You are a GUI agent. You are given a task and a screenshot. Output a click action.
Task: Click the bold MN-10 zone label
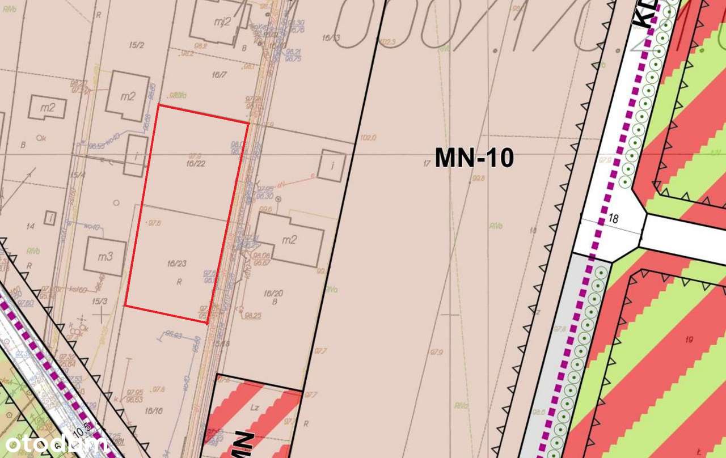coord(474,158)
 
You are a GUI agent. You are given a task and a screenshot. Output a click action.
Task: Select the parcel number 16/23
coord(177,264)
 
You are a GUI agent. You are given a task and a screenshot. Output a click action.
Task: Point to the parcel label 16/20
coord(273,293)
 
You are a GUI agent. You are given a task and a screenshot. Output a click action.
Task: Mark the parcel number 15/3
coord(100,301)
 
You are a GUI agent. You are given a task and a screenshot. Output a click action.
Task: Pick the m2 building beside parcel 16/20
coord(290,240)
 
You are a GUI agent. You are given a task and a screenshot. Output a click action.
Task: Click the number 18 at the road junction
coord(613,217)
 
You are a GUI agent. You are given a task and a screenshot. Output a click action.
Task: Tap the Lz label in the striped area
coord(255,408)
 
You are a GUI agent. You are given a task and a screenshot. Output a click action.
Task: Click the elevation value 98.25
coord(253,316)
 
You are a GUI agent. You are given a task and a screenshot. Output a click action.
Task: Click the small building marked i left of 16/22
coord(136,155)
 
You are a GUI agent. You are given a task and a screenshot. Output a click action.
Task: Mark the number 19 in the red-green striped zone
coord(689,340)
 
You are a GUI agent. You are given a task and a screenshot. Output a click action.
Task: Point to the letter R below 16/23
coord(179,281)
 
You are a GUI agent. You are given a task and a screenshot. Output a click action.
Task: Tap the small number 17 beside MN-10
coord(427,164)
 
